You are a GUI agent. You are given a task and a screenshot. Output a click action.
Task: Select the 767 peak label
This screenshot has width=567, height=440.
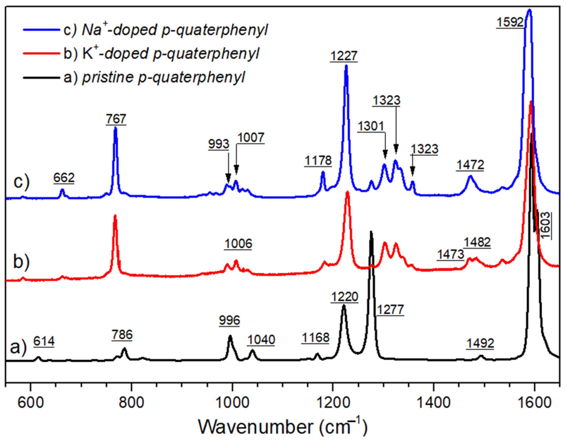116,119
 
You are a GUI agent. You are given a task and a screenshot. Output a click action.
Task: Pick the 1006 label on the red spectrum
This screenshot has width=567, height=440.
238,244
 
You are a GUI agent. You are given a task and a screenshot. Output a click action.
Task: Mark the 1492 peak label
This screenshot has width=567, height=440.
480,344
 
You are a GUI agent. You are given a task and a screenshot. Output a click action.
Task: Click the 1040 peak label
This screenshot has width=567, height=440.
261,340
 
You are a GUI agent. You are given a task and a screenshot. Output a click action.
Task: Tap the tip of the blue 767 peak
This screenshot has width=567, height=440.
116,128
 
